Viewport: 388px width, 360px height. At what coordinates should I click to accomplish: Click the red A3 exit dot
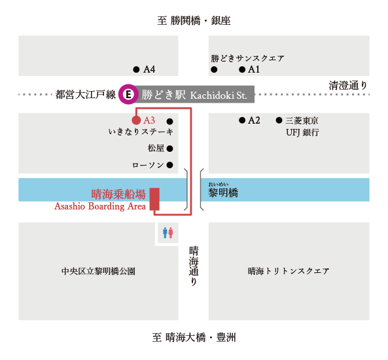[x=136, y=120]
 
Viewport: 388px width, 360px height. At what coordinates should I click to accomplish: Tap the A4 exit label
[x=149, y=69]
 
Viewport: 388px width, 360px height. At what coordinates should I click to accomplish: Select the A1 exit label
[x=254, y=69]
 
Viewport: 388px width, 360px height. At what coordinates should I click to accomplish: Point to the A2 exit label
[x=254, y=120]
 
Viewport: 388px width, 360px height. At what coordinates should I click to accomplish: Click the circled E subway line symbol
[x=128, y=94]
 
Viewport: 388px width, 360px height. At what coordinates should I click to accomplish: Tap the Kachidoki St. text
[x=219, y=96]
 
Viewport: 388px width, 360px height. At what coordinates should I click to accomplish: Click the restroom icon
[x=168, y=233]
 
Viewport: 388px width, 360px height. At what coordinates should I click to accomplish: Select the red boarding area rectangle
[x=154, y=199]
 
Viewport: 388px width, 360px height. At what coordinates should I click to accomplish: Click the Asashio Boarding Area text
[x=100, y=206]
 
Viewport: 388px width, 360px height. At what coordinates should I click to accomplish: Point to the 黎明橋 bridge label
[x=223, y=192]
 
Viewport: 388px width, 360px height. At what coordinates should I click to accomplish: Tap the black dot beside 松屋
[x=169, y=149]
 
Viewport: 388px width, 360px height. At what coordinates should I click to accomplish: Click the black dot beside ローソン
[x=169, y=165]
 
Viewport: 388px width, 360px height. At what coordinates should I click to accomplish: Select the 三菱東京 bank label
[x=302, y=121]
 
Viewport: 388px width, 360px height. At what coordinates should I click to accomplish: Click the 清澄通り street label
[x=348, y=86]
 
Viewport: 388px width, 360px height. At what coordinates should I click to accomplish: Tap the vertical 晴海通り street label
[x=194, y=266]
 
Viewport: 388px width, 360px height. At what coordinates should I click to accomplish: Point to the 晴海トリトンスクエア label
[x=289, y=271]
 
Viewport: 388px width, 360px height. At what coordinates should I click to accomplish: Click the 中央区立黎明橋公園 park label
[x=99, y=272]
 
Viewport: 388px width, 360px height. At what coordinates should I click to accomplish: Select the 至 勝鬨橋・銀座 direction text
[x=194, y=20]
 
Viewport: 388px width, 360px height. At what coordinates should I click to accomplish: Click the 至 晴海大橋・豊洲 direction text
[x=194, y=337]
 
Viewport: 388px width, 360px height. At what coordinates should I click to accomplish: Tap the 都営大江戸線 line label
[x=86, y=94]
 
